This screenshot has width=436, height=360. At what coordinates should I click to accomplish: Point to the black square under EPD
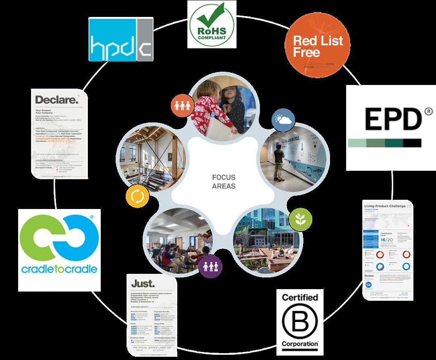click(412, 143)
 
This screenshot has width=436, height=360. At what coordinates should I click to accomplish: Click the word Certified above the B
click(300, 298)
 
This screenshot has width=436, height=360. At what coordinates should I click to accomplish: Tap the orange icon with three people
click(181, 106)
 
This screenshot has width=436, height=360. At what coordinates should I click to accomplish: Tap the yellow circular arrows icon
click(137, 196)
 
